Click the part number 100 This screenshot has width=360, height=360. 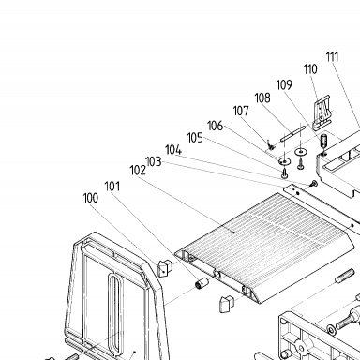coord(91,198)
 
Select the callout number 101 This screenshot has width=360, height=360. coord(112,187)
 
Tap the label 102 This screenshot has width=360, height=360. coord(138,171)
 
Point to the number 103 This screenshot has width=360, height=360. coord(154,161)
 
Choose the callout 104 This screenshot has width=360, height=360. coord(173,150)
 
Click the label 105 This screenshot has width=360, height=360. coord(195,138)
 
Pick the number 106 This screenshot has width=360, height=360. coord(216,126)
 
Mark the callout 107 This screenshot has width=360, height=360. coord(241,111)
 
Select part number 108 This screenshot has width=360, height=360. coord(262,97)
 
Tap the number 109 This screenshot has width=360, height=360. coord(284,84)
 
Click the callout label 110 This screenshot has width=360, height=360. coord(310,69)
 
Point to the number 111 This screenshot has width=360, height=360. coord(333,57)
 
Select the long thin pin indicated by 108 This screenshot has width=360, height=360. coord(292,133)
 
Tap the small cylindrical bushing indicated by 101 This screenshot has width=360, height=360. coord(202,283)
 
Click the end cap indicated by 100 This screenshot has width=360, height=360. coord(166,268)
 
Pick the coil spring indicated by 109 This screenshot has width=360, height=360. coord(323,142)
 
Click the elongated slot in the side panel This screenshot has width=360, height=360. coord(115,310)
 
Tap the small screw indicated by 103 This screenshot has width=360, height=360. coord(314,184)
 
